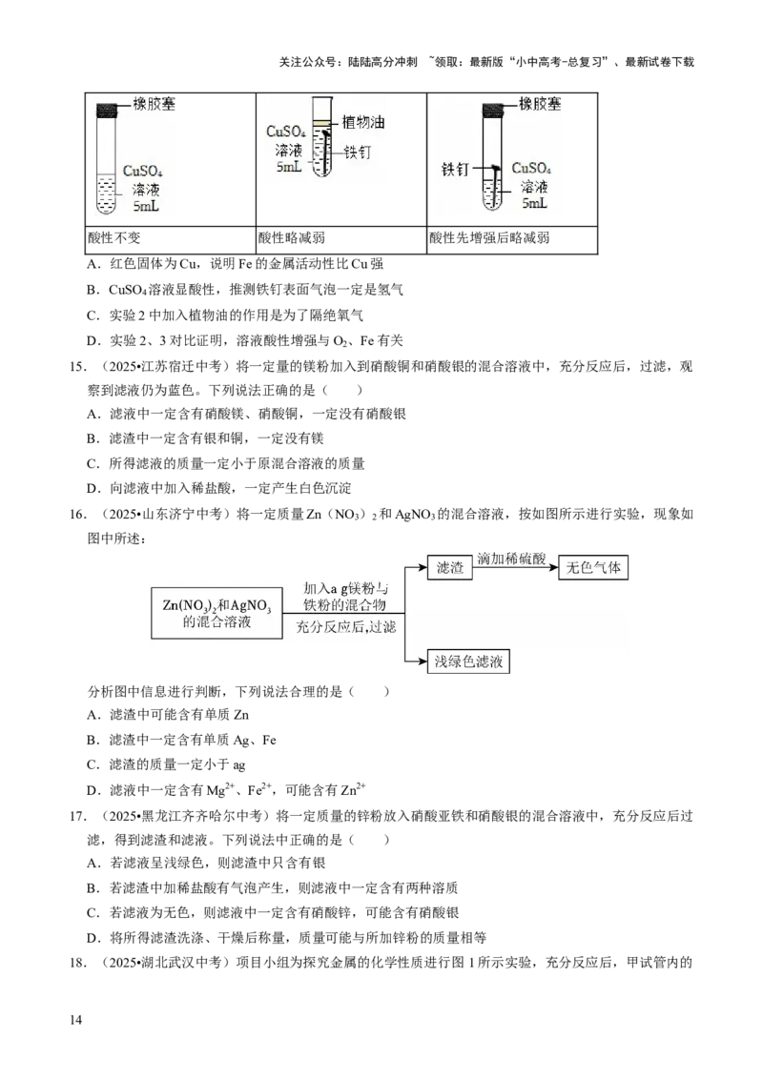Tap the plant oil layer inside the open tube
tap(321, 124)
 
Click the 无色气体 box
tap(593, 567)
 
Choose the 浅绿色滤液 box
tap(468, 662)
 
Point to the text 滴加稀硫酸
tap(511, 559)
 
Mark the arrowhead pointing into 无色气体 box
tap(553, 567)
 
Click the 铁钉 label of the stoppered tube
tap(455, 170)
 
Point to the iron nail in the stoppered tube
tap(496, 186)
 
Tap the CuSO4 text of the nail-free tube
tap(145, 172)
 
